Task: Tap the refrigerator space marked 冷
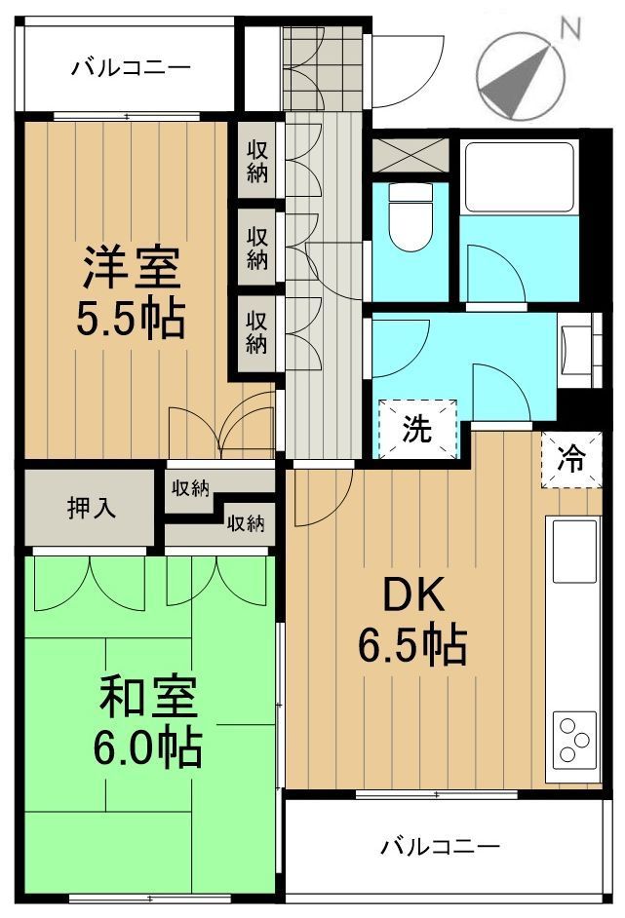point(570,458)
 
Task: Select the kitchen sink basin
point(575,551)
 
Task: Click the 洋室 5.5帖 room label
point(132,291)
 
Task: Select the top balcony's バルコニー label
point(130,68)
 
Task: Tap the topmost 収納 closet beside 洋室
point(257,162)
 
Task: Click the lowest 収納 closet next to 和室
point(246,523)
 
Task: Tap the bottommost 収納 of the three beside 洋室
point(257,331)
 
